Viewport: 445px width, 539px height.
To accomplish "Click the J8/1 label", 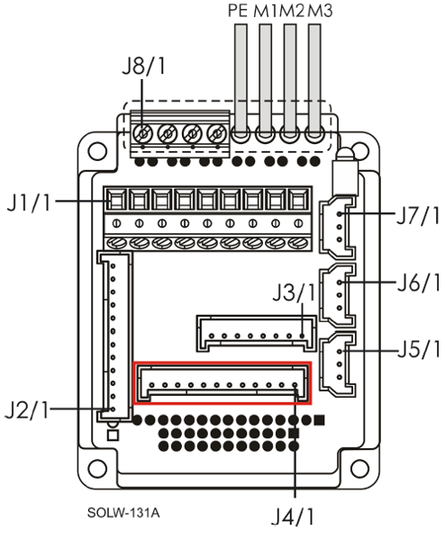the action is pos(144,66).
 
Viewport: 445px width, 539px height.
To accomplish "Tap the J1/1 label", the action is pos(29,202).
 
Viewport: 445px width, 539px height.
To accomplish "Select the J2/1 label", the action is pos(27,409).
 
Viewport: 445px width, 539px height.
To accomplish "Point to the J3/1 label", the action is pos(294,292).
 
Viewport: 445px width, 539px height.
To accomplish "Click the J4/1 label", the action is pos(293,517).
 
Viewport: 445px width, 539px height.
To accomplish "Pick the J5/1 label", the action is pos(419,349).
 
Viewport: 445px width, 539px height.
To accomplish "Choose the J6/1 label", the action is pos(419,283).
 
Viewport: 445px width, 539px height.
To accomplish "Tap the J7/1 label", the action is pos(419,215).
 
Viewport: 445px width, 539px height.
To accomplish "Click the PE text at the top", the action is pos(238,11).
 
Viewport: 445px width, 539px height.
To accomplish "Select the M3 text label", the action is pos(320,11).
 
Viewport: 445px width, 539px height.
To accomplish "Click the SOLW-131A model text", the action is pos(123,513).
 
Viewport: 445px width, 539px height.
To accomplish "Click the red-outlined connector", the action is pos(222,383).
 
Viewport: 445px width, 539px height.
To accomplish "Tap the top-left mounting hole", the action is pos(97,150).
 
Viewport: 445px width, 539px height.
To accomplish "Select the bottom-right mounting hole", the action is pos(359,468).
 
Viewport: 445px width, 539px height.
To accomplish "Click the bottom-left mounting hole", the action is pos(97,468).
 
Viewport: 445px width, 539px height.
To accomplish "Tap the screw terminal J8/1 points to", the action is pos(142,133).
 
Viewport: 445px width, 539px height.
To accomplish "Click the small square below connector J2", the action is pos(113,436).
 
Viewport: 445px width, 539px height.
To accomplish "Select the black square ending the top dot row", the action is pos(320,419).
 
